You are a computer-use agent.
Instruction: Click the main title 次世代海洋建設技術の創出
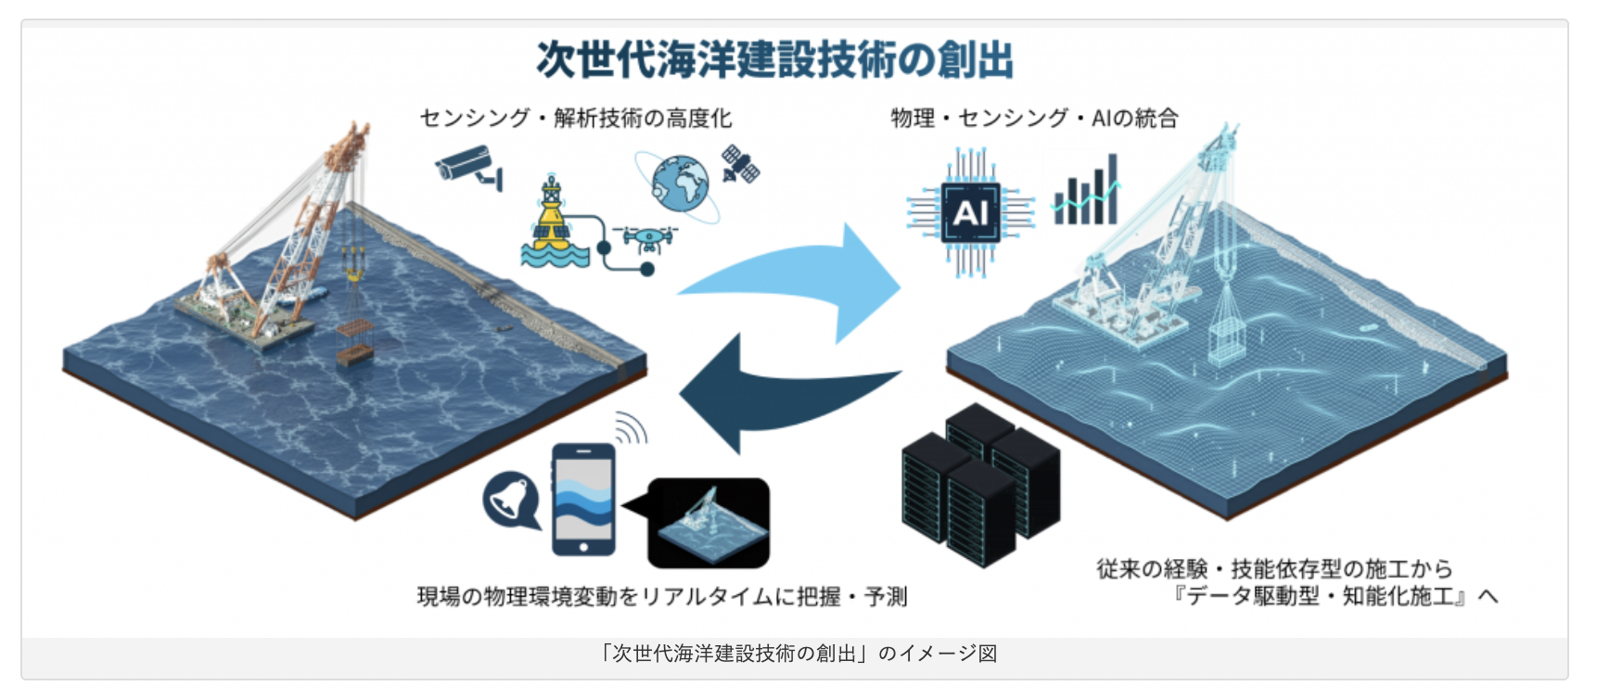click(774, 59)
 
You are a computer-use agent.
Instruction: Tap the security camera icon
click(468, 166)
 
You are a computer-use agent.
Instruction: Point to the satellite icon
click(740, 164)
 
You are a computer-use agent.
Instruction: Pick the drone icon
click(649, 239)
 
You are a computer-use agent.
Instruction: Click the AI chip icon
click(970, 213)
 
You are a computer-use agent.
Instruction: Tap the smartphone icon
click(583, 499)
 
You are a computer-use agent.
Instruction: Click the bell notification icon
click(511, 501)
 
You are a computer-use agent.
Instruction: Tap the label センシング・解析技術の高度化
click(575, 118)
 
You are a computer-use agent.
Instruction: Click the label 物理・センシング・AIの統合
click(1034, 118)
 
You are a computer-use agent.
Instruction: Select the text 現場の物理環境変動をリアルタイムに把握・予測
click(662, 596)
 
